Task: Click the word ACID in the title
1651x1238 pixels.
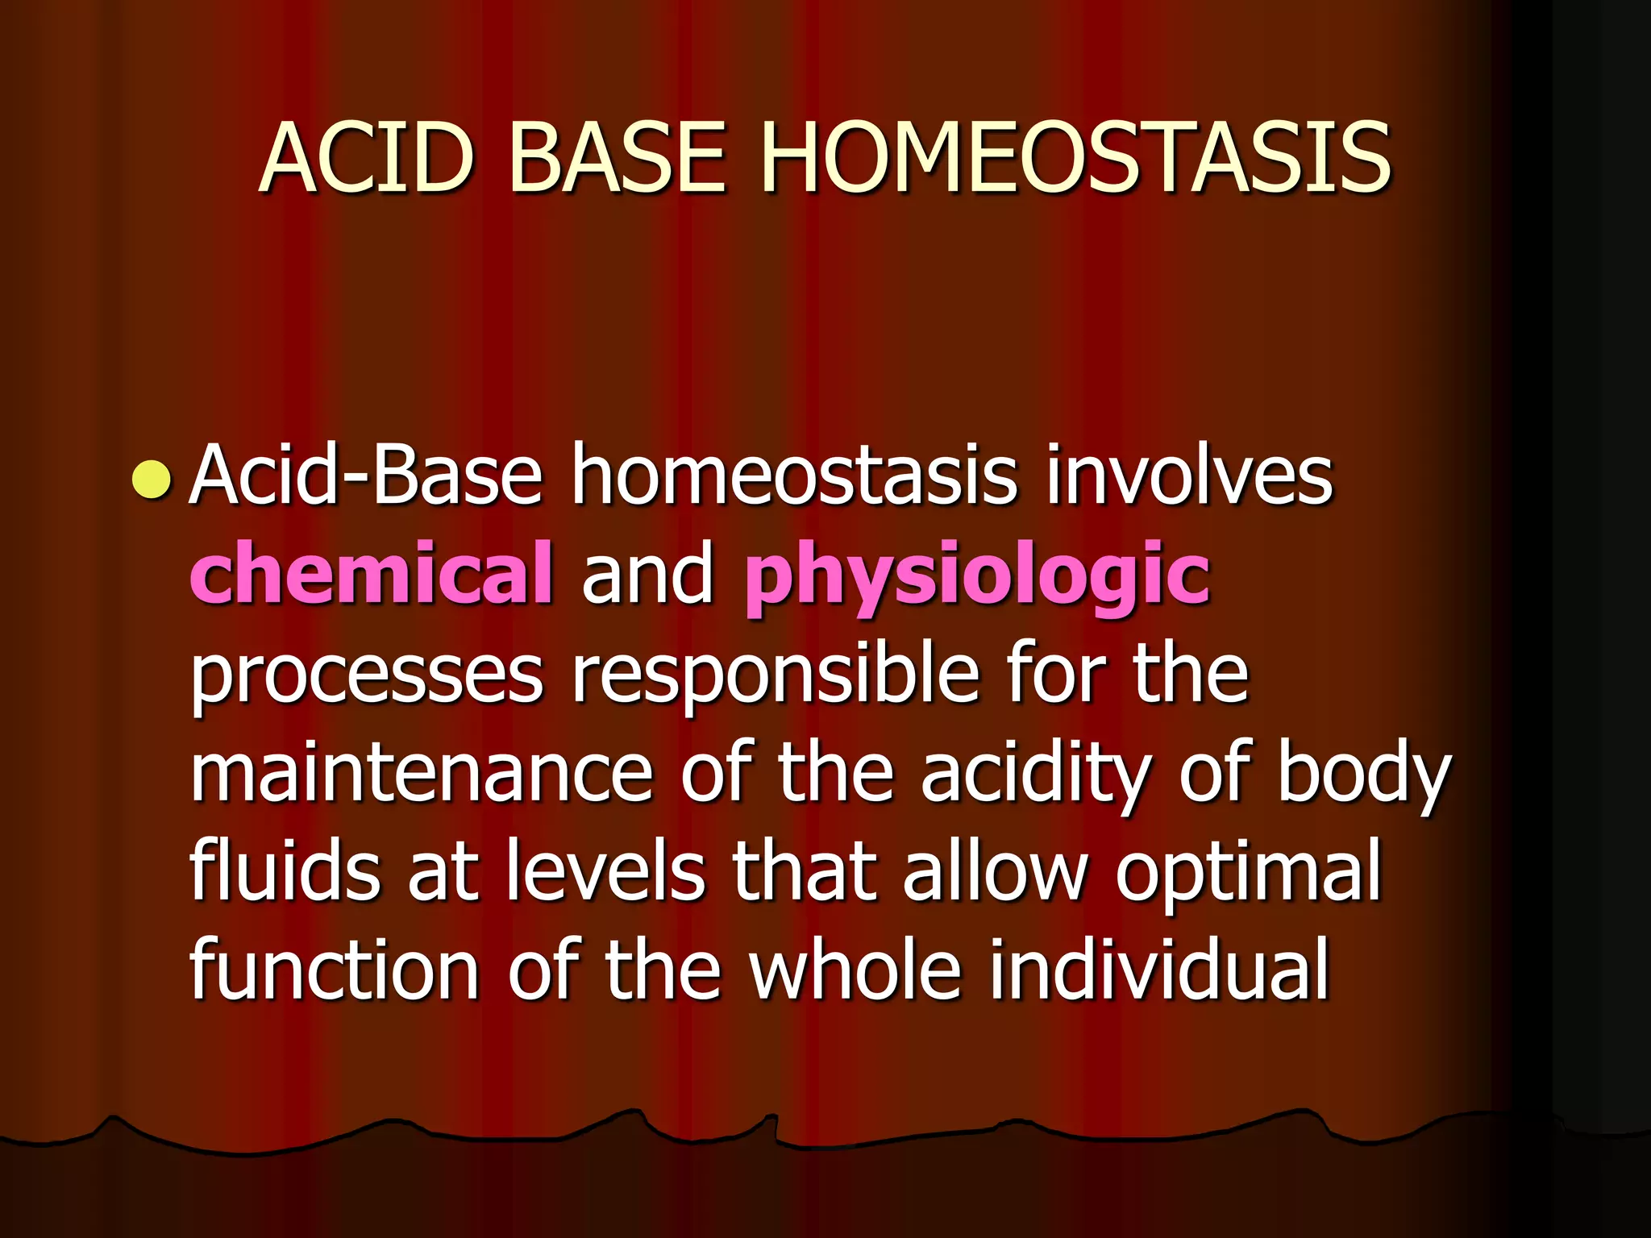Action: coord(366,158)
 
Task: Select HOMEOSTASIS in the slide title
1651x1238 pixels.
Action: coord(1075,158)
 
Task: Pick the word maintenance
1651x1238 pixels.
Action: coord(421,774)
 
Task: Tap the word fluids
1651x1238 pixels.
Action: coord(284,870)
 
